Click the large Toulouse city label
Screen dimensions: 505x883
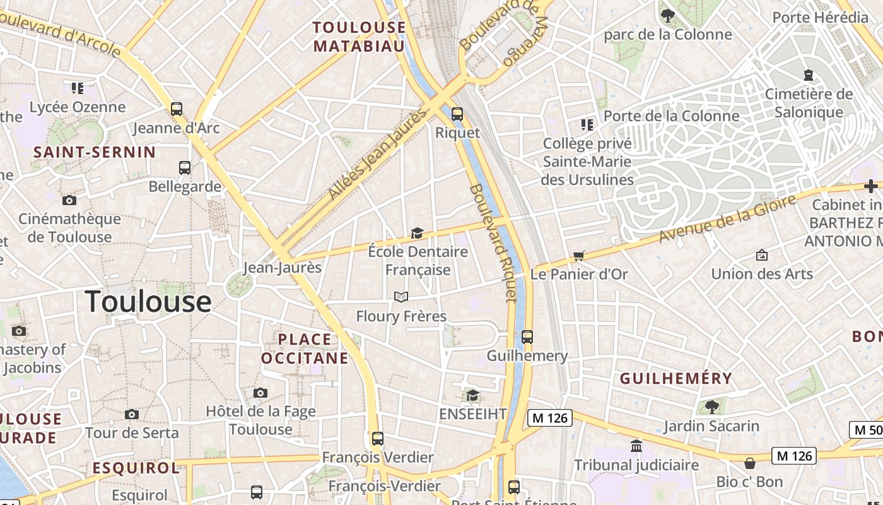pos(148,301)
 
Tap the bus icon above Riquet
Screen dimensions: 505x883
pos(457,114)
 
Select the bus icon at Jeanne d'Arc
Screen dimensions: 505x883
pos(177,109)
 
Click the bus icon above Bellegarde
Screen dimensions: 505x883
pos(185,168)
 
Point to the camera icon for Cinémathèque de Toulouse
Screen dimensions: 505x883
pos(69,201)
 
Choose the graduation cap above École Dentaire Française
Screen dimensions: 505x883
pos(417,234)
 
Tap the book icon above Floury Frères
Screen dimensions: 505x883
pos(401,297)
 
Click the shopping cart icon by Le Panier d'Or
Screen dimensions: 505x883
pos(578,256)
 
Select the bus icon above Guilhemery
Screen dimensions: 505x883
pos(527,337)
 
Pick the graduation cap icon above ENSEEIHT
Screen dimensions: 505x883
pos(472,396)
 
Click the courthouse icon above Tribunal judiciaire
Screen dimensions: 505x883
pos(636,446)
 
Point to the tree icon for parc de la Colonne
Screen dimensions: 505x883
pos(667,16)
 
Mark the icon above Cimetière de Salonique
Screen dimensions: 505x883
pos(809,75)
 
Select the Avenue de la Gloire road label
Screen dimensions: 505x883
pos(728,219)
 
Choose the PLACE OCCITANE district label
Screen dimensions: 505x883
pos(305,349)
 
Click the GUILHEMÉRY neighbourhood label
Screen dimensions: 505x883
pos(676,379)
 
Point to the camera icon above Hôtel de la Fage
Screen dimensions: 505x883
pos(260,393)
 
